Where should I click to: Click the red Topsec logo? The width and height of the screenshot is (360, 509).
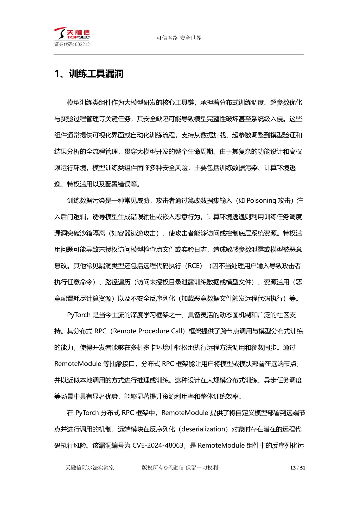pos(72,34)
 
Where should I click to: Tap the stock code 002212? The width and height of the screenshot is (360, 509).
pos(82,44)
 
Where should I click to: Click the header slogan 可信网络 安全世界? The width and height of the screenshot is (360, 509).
pos(179,38)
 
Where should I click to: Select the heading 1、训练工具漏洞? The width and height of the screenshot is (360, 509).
pos(89,74)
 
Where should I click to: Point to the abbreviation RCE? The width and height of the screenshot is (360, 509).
pos(195,266)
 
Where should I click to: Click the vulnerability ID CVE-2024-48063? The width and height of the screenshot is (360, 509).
pos(158,446)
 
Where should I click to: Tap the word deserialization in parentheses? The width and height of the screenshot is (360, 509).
pos(203,429)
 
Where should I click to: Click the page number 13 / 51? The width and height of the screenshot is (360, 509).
pos(298,468)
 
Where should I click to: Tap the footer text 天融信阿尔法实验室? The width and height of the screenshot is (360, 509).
pos(90,468)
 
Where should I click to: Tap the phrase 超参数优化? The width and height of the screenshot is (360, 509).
pos(286,103)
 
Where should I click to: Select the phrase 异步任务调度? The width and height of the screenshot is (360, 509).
pos(283,380)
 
